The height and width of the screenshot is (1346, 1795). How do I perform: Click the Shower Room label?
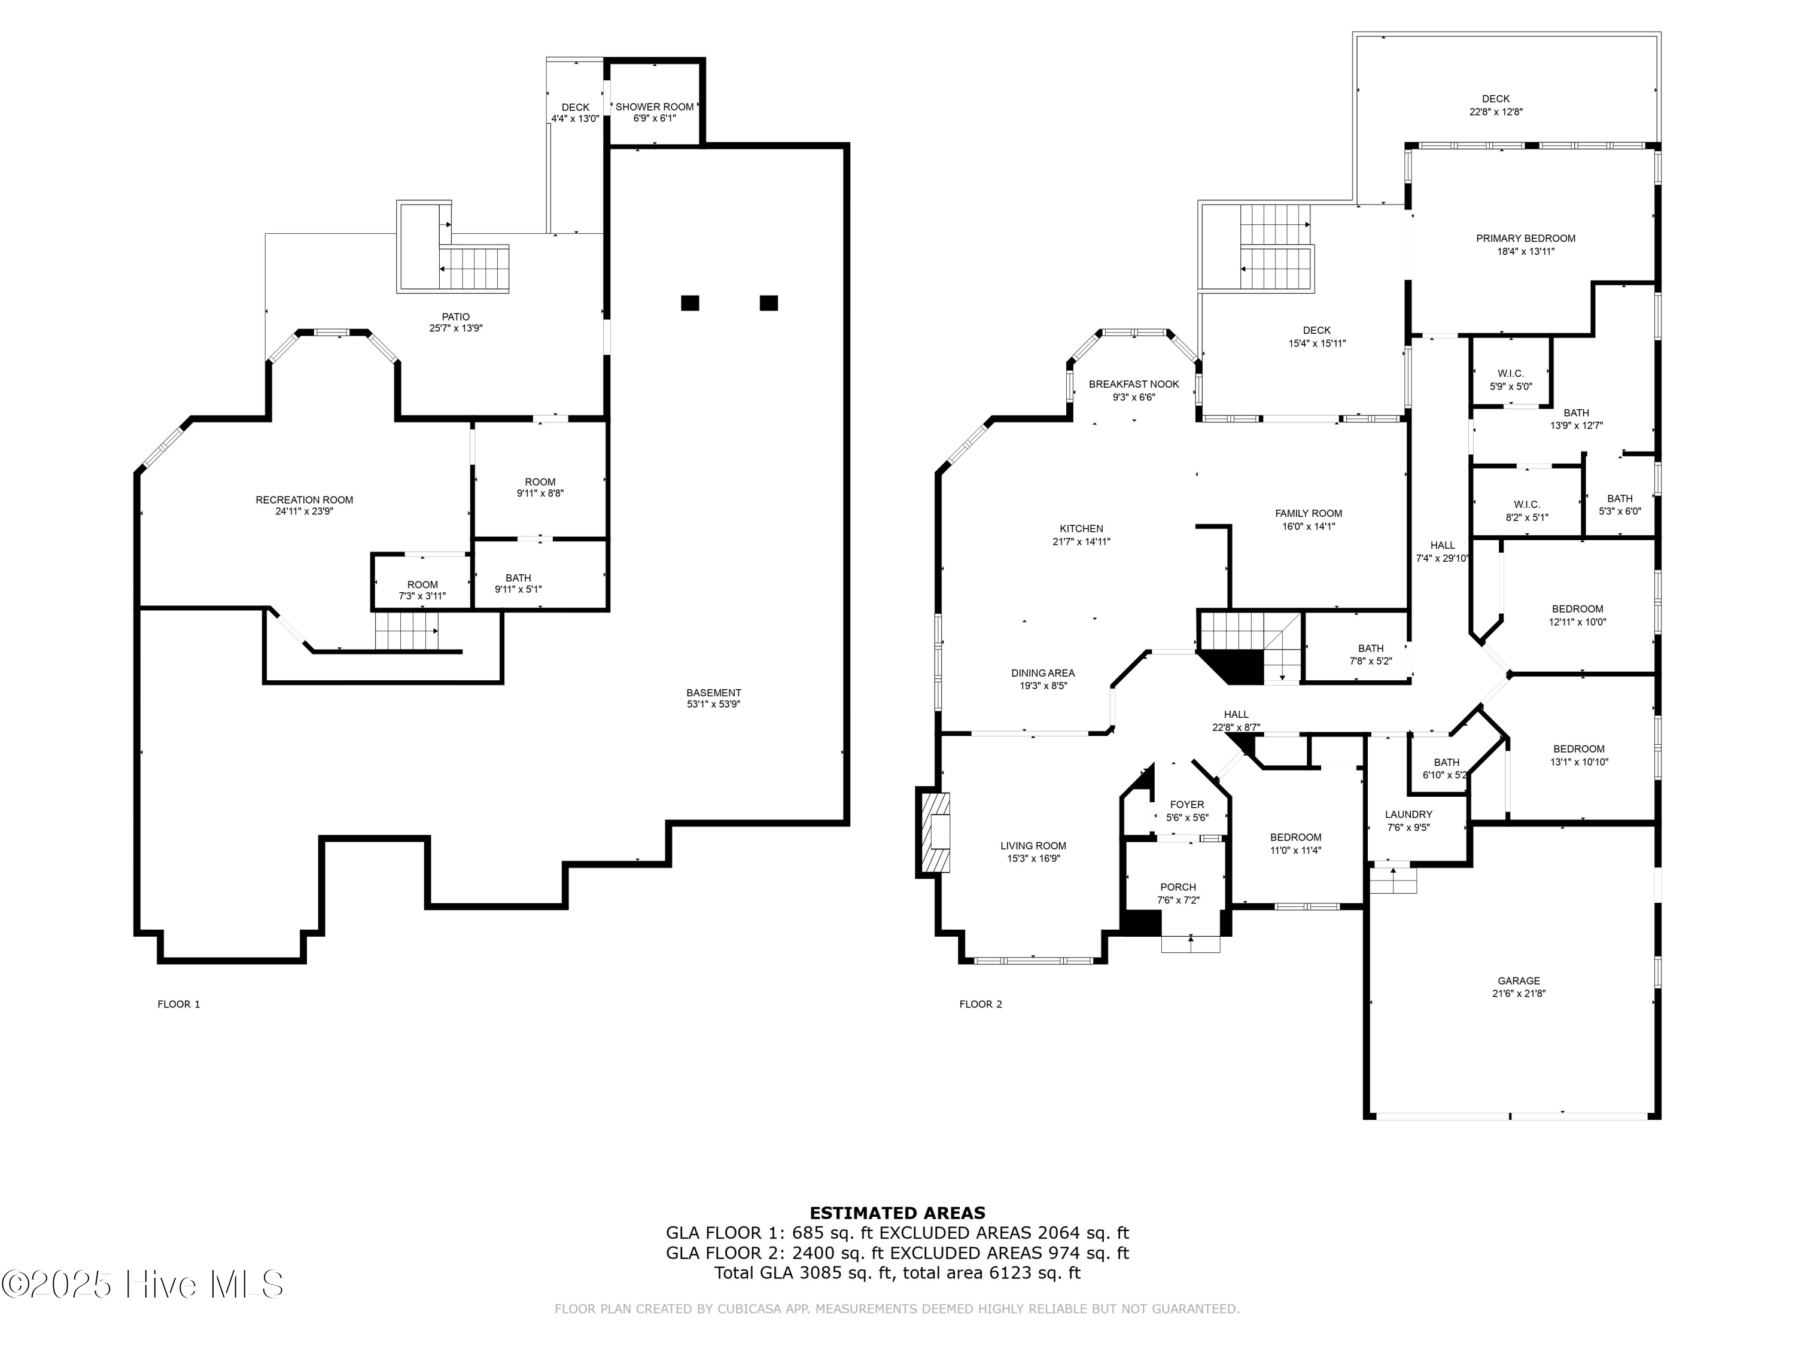654,107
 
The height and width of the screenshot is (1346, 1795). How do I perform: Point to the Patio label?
455,317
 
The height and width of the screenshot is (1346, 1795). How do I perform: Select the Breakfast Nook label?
1134,385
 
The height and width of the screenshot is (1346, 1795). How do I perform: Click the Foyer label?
1187,805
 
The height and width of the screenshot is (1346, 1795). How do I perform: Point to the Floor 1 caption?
178,1004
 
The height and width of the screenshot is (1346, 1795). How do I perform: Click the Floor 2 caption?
980,1004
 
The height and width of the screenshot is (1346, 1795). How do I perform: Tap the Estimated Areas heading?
898,1213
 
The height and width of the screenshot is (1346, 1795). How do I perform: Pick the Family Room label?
1308,513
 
